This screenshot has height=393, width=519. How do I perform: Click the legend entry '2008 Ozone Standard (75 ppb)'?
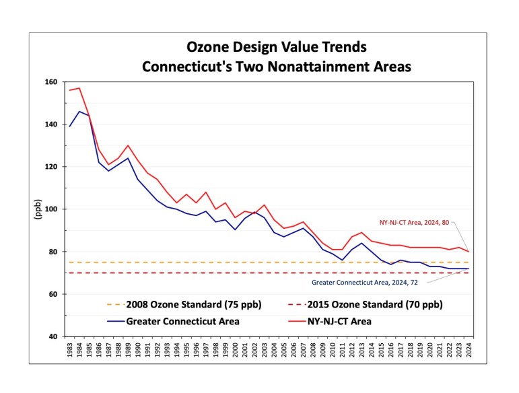[x=182, y=304]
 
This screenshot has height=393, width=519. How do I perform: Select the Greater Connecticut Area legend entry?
[x=174, y=321]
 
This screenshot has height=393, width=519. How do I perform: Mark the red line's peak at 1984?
[x=79, y=88]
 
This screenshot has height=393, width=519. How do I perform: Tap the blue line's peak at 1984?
[x=79, y=112]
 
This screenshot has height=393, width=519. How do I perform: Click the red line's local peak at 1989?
[x=128, y=145]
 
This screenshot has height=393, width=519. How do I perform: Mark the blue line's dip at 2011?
[x=342, y=260]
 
